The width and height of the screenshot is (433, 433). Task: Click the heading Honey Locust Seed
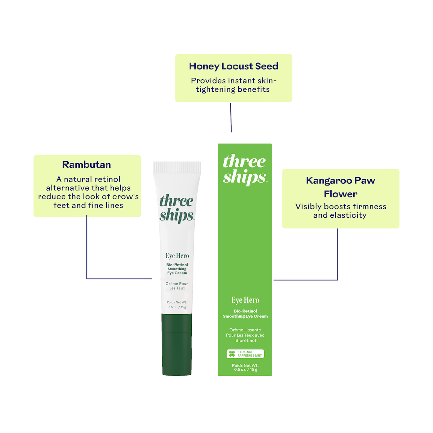(234, 66)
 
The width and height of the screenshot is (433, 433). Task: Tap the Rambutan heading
(86, 165)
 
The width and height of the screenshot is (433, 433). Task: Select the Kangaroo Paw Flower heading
(341, 187)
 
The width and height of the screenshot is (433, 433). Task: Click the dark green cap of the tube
(177, 344)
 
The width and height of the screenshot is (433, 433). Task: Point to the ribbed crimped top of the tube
(177, 167)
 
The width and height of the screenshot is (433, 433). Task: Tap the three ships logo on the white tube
(177, 209)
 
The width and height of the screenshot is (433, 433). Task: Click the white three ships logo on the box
(245, 170)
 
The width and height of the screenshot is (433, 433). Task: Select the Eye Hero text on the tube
(177, 256)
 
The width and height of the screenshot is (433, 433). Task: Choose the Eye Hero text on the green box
(245, 300)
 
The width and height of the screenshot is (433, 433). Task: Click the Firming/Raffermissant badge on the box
(245, 354)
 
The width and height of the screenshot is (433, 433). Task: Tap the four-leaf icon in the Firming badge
(232, 354)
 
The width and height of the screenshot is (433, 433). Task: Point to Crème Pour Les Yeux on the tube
(177, 286)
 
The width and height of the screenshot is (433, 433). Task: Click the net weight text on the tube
(177, 304)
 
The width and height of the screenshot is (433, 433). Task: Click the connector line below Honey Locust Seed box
(231, 118)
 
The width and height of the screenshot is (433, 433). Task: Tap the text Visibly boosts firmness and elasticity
(341, 211)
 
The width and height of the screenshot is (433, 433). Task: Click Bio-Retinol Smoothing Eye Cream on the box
(245, 314)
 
